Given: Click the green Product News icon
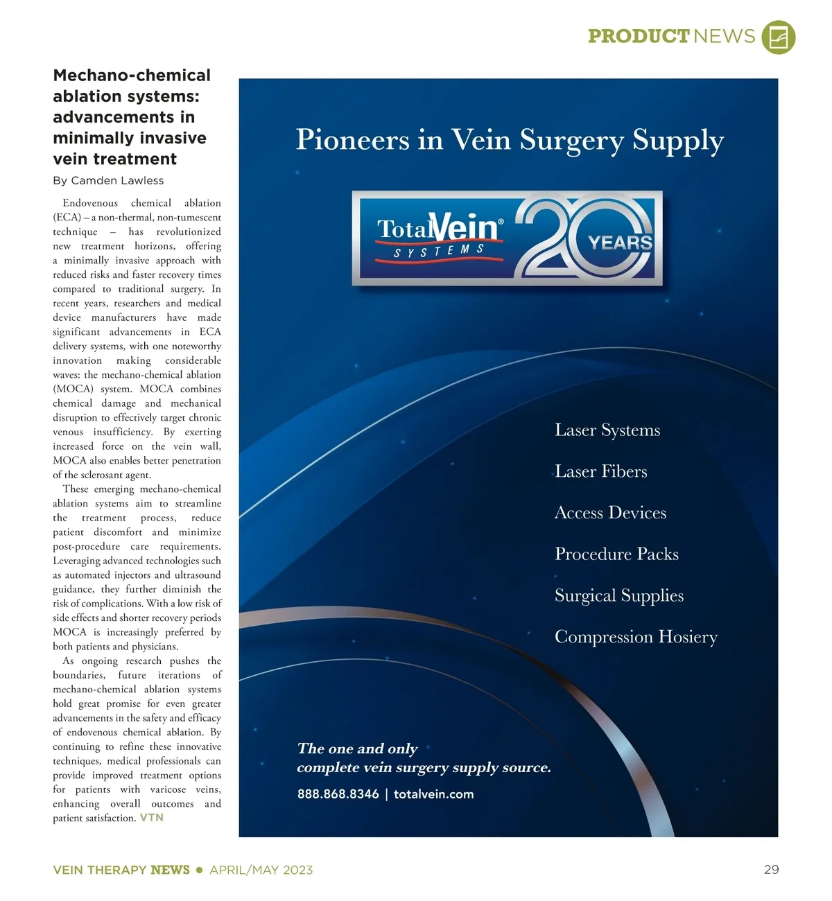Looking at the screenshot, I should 778,37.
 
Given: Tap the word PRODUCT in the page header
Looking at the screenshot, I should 638,36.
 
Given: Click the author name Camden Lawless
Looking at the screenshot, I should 117,181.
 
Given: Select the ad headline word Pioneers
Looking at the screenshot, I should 353,140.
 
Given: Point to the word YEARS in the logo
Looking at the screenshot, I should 620,243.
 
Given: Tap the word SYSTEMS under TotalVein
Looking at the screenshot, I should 439,251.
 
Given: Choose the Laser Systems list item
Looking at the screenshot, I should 607,430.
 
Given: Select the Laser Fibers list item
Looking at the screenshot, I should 600,472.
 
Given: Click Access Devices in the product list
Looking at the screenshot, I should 610,513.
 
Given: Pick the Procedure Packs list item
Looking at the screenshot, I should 616,554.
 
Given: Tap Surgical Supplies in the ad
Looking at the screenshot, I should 618,596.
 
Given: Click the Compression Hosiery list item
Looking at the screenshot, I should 636,637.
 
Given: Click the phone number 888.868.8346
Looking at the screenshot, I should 338,794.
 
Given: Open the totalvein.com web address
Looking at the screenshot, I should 433,794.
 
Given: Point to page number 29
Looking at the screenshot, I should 771,870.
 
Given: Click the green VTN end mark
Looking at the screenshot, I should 152,818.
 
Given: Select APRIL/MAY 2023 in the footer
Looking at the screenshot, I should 261,870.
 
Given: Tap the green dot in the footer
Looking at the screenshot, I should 200,870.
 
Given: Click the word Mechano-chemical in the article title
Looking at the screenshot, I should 132,76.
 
